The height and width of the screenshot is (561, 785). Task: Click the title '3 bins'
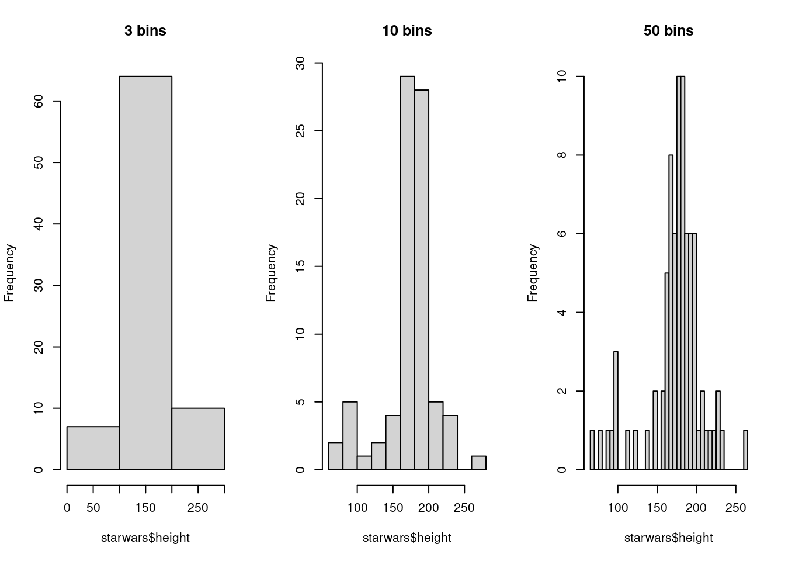(145, 30)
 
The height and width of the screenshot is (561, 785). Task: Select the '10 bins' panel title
(407, 30)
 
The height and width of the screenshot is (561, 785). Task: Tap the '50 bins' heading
(668, 30)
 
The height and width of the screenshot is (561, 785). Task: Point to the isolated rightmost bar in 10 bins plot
(478, 463)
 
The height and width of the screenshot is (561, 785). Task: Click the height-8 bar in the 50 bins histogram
(671, 312)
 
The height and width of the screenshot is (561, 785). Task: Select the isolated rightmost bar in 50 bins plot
(745, 450)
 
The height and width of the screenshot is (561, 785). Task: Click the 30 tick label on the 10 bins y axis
(300, 63)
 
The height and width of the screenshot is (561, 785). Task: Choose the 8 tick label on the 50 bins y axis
(562, 155)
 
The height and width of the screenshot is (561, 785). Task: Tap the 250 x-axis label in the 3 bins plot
(197, 508)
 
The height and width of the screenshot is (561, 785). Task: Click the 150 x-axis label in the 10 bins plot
(393, 508)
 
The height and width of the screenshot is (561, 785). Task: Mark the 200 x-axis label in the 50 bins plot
(696, 508)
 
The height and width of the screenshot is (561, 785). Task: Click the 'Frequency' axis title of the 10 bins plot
(270, 272)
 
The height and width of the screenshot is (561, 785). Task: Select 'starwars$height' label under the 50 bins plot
(668, 538)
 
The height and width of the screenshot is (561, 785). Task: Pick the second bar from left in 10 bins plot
(350, 435)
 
